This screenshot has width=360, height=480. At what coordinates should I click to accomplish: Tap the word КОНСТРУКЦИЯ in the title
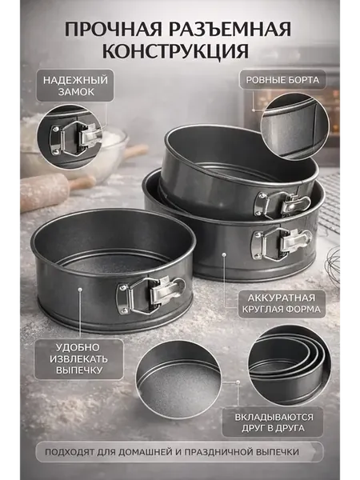[175, 51]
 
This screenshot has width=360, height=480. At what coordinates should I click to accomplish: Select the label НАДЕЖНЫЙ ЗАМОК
[75, 86]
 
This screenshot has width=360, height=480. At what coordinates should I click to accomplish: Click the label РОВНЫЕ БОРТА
[282, 80]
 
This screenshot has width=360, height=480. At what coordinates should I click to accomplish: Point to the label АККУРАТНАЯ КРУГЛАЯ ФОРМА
[282, 303]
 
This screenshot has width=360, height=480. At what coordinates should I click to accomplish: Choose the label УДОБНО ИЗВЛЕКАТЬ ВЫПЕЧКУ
[79, 358]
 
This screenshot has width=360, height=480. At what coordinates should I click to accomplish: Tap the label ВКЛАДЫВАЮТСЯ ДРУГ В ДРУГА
[273, 422]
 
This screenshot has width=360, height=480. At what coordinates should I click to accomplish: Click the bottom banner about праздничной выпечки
[179, 452]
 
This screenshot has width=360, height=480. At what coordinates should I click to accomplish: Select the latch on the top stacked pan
[282, 203]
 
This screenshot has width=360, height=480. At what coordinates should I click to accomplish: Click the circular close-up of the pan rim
[294, 126]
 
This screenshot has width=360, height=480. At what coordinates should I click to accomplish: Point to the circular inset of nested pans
[289, 366]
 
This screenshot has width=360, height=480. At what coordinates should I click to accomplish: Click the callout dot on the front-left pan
[80, 289]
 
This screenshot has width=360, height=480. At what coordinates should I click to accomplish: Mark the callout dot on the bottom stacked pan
[224, 254]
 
